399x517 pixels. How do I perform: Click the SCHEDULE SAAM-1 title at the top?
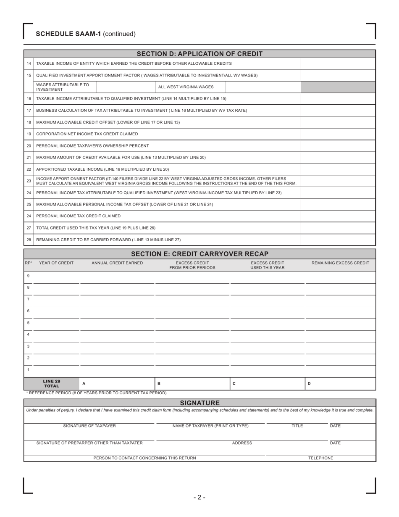[x=86, y=34]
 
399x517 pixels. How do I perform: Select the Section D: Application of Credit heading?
[x=199, y=54]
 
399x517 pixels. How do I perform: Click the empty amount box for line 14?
[x=338, y=63]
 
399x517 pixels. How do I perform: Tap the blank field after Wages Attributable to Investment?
[x=126, y=87]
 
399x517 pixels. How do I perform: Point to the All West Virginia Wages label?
[x=186, y=87]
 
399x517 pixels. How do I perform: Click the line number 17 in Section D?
[x=29, y=111]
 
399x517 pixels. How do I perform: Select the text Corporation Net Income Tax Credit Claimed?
[x=87, y=134]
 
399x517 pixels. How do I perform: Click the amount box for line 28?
[x=338, y=240]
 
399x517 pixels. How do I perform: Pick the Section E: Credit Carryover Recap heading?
[x=199, y=254]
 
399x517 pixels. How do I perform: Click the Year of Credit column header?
[x=56, y=263]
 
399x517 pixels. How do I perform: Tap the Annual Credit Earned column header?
[x=117, y=263]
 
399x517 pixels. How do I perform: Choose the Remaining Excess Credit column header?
[x=340, y=263]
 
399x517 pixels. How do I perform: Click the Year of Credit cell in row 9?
[x=56, y=277]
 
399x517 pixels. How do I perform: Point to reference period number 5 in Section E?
[x=28, y=323]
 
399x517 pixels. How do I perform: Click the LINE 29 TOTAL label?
[x=52, y=384]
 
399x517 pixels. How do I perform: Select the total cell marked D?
[x=340, y=384]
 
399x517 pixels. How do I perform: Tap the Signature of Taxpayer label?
[x=89, y=426]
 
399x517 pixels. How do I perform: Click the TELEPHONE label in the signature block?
[x=321, y=458]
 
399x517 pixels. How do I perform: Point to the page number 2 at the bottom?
[x=199, y=498]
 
